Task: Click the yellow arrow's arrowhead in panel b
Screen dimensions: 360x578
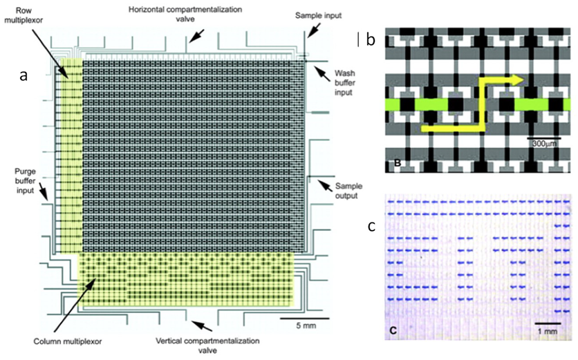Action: click(516, 80)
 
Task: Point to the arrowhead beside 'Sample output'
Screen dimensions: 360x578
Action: click(319, 183)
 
